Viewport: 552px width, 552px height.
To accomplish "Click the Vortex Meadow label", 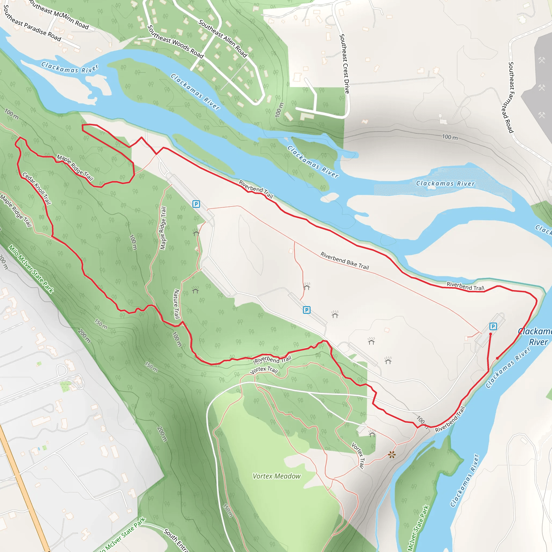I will (x=277, y=476).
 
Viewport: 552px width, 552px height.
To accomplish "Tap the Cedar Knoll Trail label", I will (x=37, y=188).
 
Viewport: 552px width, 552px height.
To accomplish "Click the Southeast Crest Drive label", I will (x=344, y=63).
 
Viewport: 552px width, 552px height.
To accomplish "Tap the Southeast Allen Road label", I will (x=223, y=39).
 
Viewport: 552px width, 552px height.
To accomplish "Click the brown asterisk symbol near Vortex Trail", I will (x=392, y=455).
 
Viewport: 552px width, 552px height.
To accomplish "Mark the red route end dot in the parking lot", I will (x=491, y=334).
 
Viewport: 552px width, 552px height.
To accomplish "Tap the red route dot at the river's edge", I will (x=498, y=358).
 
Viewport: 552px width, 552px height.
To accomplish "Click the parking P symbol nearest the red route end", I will (x=493, y=326).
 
